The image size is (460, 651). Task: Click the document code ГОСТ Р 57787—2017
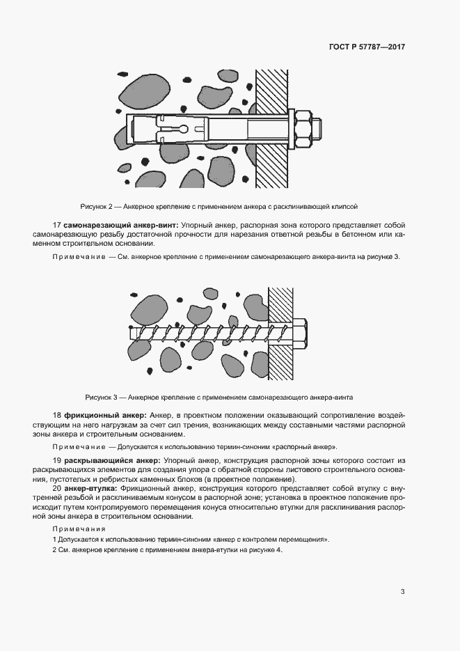point(367,47)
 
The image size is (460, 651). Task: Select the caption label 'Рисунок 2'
point(97,207)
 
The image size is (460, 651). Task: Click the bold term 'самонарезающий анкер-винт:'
point(121,226)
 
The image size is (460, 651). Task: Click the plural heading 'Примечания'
point(75,529)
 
